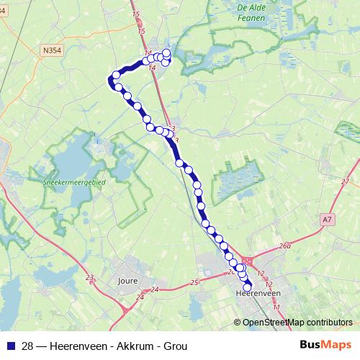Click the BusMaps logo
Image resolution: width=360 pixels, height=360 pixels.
tap(325, 346)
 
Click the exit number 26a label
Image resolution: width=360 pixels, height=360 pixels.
tap(285, 246)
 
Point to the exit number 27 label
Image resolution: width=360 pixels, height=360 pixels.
tap(346, 181)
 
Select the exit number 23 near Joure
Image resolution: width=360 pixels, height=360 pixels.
tap(89, 277)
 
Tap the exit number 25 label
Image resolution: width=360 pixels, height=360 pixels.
tap(194, 282)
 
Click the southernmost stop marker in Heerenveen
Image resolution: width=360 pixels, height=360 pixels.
tap(248, 288)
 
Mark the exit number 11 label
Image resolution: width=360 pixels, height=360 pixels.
tap(276, 307)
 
